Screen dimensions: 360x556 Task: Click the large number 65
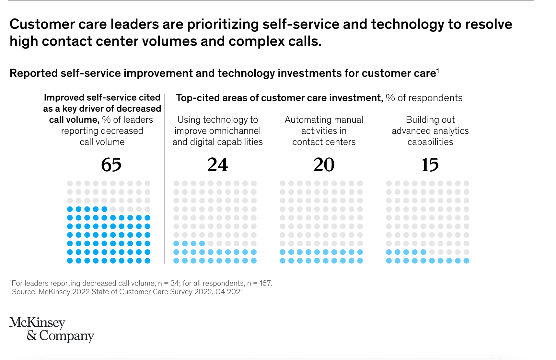click(x=111, y=165)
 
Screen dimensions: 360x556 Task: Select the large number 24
click(x=217, y=165)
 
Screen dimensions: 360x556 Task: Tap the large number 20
click(x=324, y=165)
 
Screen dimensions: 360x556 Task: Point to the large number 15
click(x=430, y=165)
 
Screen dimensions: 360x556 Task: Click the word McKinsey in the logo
click(x=37, y=322)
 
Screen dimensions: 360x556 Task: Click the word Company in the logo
click(x=66, y=336)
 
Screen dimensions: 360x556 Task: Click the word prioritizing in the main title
click(x=223, y=24)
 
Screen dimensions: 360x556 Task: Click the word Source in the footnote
click(x=24, y=292)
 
